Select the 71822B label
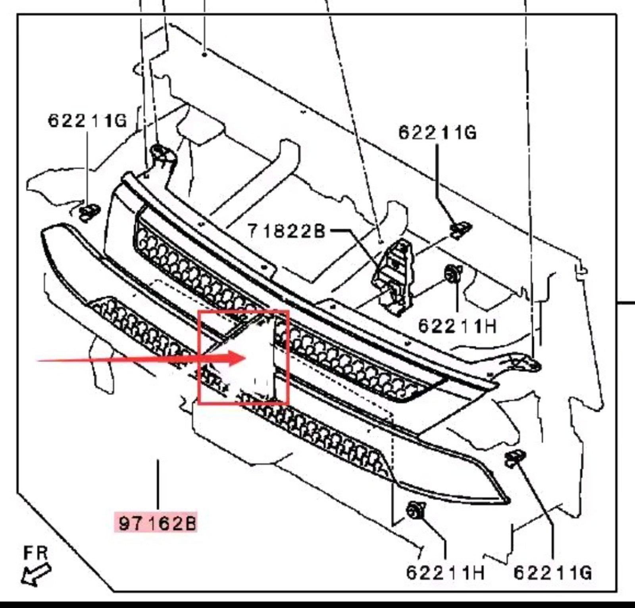pos(286,231)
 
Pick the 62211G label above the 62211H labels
pos(437,132)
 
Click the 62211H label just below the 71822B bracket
pos(457,326)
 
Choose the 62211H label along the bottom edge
pos(445,573)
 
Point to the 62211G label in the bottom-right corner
pos(552,573)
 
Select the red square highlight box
pos(243,357)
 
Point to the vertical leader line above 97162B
pos(158,484)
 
